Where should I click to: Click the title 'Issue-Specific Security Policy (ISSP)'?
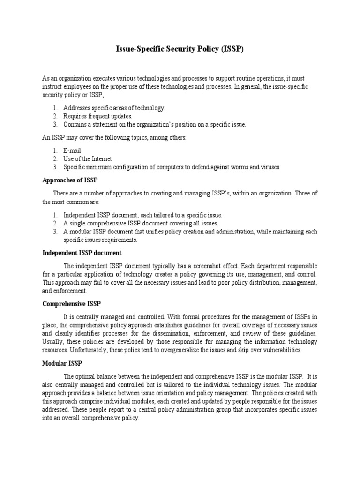(x=180, y=49)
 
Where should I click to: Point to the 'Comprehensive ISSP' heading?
(x=71, y=304)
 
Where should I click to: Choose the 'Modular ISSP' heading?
(x=61, y=364)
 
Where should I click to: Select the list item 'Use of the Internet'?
(x=88, y=159)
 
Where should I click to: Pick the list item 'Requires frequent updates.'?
(x=98, y=116)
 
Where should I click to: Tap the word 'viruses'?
(x=269, y=167)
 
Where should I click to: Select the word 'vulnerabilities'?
(x=278, y=350)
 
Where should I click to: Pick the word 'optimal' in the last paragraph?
(x=85, y=376)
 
